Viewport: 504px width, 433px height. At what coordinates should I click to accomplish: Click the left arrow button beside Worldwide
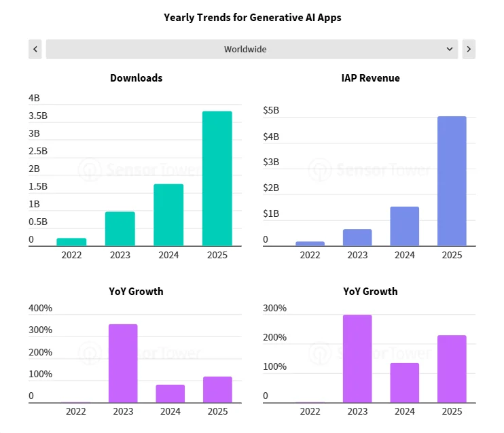[x=35, y=49]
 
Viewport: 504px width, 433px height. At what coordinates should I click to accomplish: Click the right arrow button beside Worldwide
[x=469, y=49]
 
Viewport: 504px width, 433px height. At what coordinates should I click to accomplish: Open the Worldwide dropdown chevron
[x=450, y=49]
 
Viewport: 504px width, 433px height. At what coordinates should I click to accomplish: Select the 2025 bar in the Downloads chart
[x=217, y=178]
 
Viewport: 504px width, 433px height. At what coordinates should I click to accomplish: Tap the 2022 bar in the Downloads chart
[x=71, y=242]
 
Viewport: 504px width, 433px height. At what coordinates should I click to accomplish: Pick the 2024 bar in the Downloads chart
[x=168, y=215]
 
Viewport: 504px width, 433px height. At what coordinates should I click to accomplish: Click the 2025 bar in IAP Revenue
[x=452, y=181]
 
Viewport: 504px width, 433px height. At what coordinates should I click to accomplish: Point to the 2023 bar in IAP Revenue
[x=357, y=237]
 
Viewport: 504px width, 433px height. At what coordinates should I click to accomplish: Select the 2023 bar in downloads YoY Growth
[x=123, y=364]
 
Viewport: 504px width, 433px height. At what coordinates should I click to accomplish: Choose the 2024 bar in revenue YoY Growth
[x=404, y=383]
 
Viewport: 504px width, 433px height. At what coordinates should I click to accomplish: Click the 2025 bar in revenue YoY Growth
[x=452, y=369]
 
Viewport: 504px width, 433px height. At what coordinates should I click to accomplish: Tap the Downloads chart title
[x=137, y=78]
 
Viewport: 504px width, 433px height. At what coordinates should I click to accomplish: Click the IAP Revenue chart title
[x=370, y=78]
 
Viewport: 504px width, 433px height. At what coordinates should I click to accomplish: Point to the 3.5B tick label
[x=38, y=116]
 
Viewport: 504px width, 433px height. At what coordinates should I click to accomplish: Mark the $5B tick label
[x=271, y=110]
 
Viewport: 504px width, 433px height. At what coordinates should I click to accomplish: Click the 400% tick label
[x=40, y=308]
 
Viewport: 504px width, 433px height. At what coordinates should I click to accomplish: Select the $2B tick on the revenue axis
[x=271, y=188]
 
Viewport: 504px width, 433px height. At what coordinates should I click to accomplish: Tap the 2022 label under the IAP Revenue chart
[x=310, y=255]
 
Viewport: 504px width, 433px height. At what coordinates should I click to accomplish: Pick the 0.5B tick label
[x=38, y=222]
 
